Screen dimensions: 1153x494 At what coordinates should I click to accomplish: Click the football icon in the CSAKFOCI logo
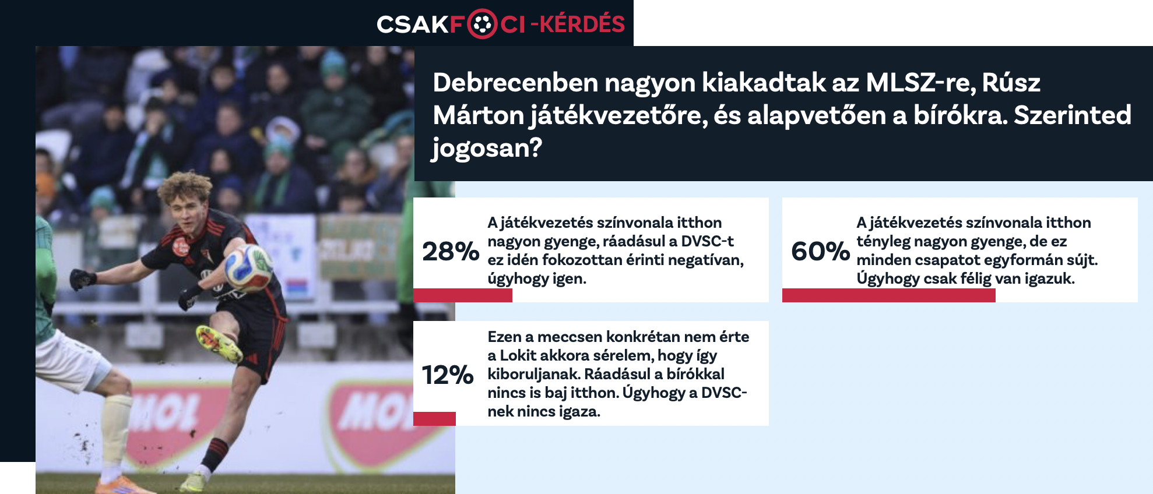coord(482,24)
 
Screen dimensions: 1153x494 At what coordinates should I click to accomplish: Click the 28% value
coord(451,251)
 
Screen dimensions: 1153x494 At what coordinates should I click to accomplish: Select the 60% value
coord(820,251)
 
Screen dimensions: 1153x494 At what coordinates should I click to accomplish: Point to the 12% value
coord(447,375)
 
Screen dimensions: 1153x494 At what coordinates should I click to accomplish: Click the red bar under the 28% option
coord(463,295)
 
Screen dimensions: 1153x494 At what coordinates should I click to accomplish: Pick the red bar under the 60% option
coord(889,295)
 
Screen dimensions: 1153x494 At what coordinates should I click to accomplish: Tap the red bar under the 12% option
coord(434,419)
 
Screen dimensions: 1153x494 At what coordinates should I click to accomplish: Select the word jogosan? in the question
coord(487,148)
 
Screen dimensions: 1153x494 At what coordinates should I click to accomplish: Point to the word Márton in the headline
coord(479,115)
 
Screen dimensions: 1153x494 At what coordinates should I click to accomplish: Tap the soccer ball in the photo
coord(248,268)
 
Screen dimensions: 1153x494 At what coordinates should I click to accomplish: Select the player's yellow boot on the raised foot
coord(219,344)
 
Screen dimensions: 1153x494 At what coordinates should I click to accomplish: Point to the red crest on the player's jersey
coord(181,247)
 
